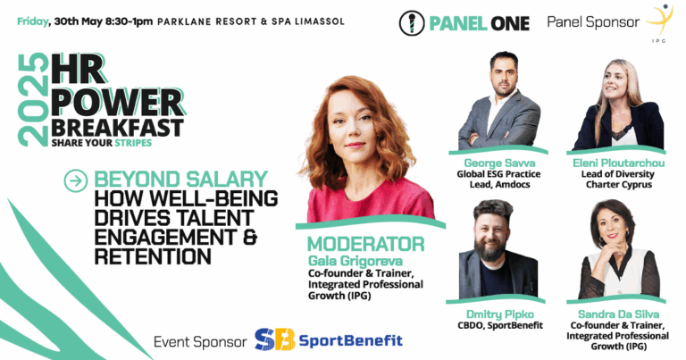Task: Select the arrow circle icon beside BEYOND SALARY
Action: click(77, 180)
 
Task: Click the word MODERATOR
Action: click(365, 243)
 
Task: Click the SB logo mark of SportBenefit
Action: click(275, 339)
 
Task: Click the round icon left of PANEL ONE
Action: click(411, 22)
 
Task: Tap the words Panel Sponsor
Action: click(592, 22)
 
